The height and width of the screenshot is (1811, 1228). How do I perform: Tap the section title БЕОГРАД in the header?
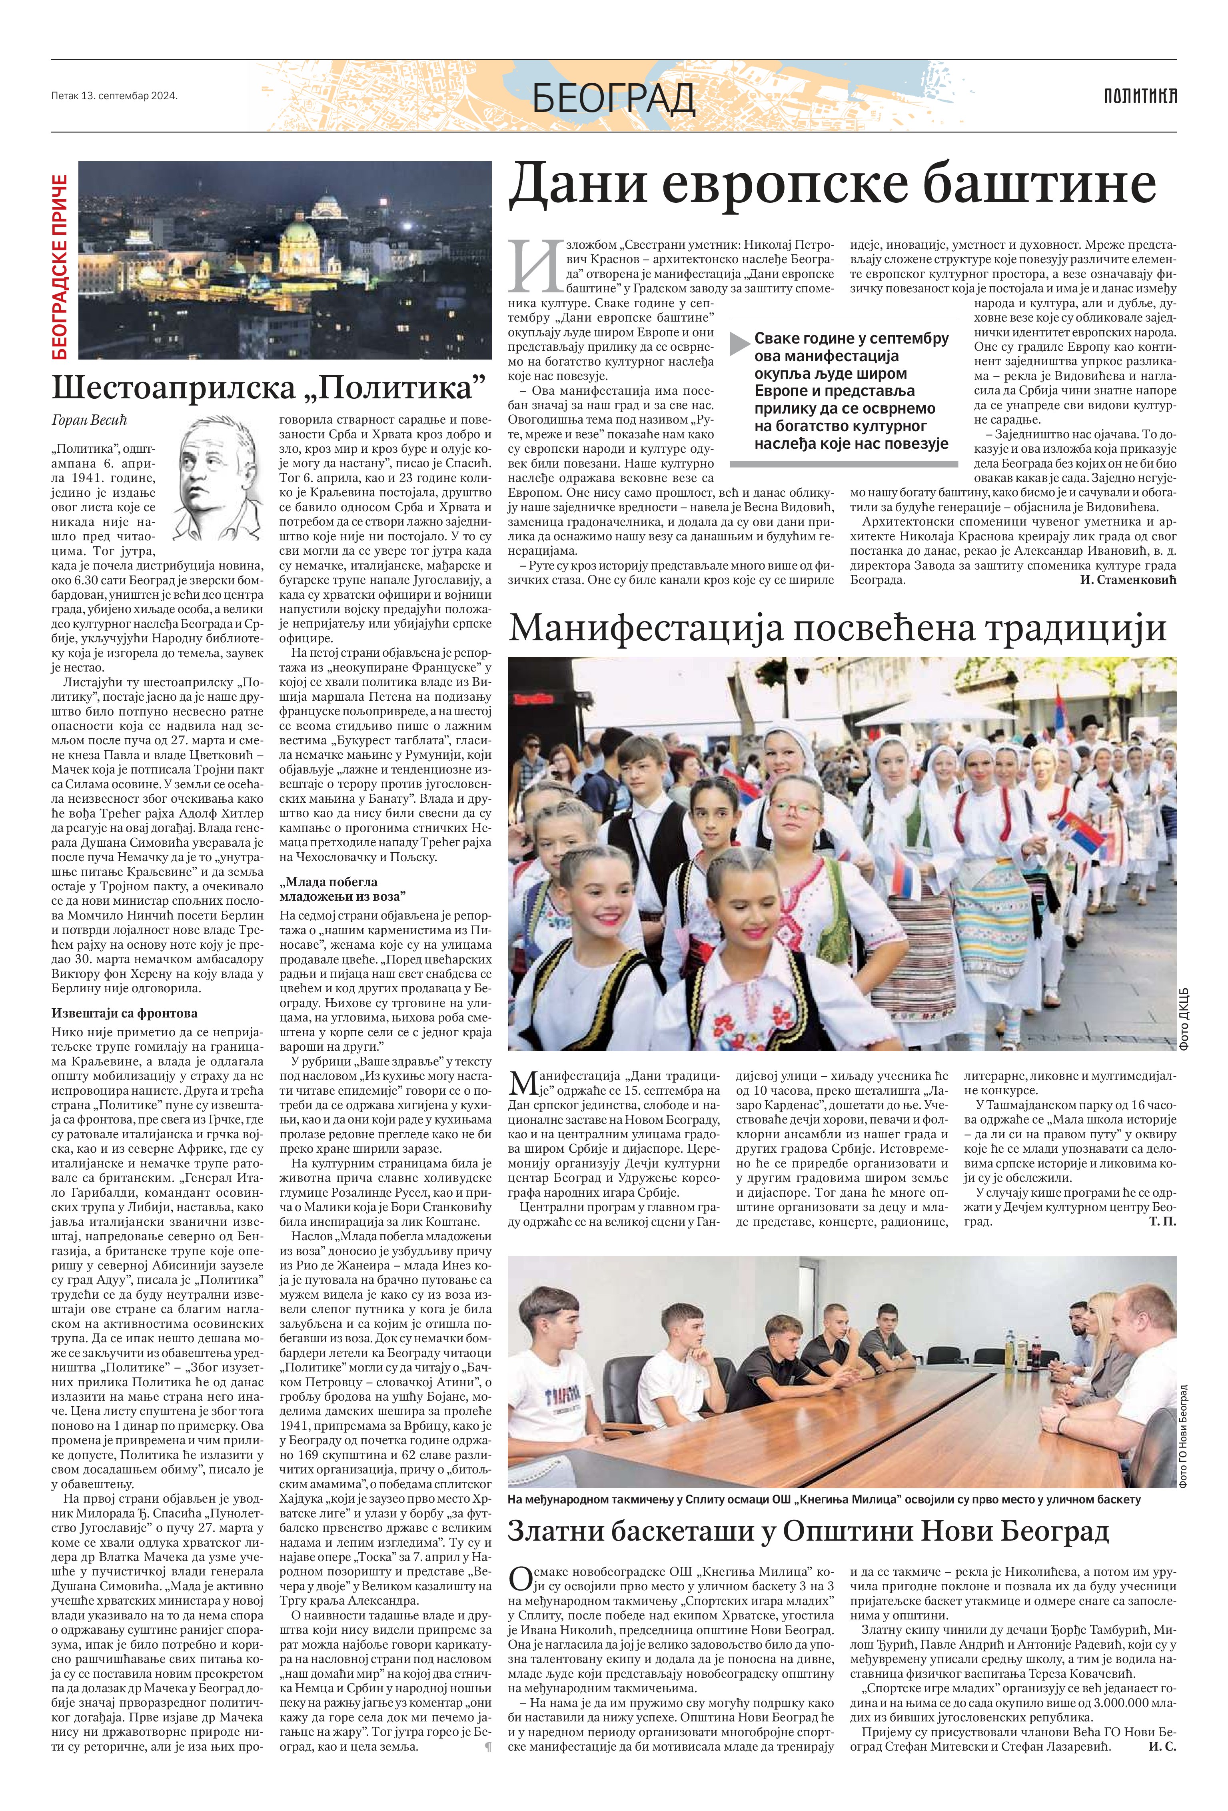(x=613, y=98)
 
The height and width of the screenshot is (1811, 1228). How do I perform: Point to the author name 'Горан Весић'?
(x=86, y=421)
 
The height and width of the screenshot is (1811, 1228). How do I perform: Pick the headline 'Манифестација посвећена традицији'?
(x=837, y=627)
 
